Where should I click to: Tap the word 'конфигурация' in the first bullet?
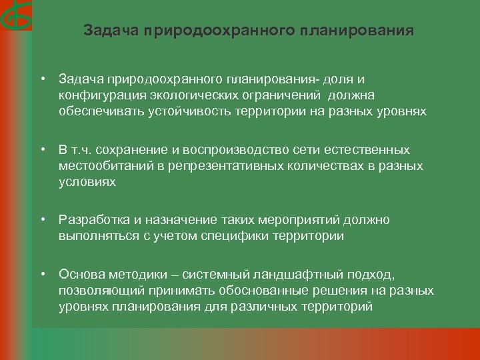click(95, 95)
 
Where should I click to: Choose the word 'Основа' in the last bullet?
click(79, 275)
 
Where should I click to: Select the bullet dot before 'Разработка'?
click(43, 219)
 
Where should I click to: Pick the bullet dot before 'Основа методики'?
click(43, 275)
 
